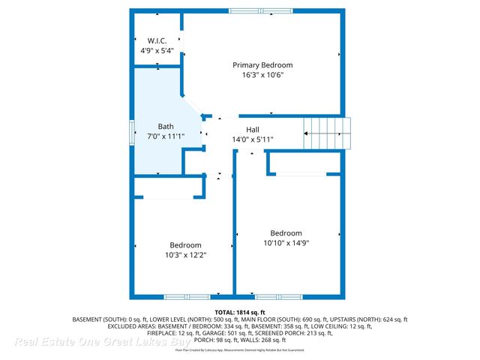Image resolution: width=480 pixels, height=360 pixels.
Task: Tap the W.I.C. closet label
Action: (157, 40)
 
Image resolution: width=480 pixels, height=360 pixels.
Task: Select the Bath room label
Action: (166, 126)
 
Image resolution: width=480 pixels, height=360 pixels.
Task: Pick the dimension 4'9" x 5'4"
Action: (157, 50)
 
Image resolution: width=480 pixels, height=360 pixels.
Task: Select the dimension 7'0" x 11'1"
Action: (166, 136)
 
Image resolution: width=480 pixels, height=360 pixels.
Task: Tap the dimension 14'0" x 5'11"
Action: (254, 139)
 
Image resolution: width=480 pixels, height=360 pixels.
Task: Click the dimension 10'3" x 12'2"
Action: (185, 255)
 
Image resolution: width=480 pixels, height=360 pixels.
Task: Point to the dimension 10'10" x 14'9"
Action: (286, 242)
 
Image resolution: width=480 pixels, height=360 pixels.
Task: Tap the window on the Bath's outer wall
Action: (132, 133)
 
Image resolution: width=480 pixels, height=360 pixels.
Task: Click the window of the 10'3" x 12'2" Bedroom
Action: (187, 296)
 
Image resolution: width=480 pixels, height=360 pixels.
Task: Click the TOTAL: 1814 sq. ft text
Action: (239, 311)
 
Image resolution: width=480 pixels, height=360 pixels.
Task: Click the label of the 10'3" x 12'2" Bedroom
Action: (185, 245)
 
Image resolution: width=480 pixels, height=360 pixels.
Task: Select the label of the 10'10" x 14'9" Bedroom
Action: (286, 232)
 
